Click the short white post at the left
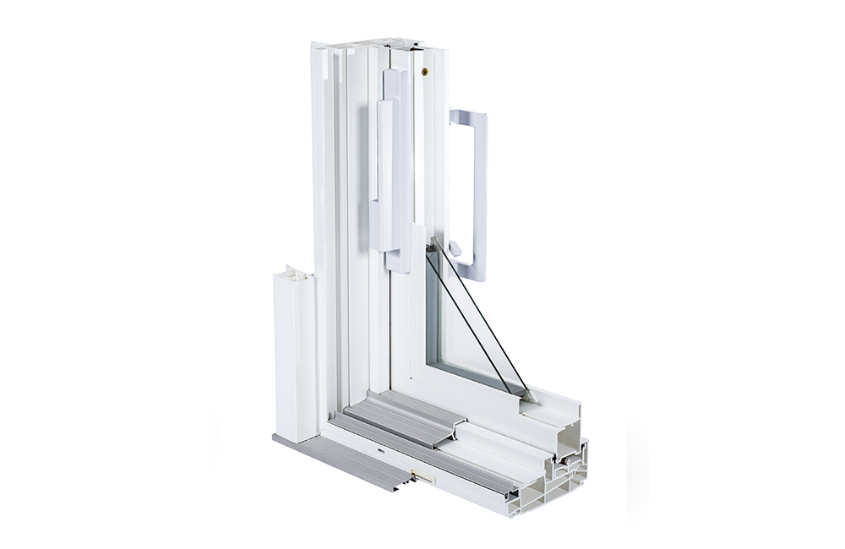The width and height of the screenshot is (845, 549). tap(295, 355)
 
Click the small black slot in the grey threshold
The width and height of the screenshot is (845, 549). tap(382, 451)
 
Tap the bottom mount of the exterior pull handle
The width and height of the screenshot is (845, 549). tap(469, 272)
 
